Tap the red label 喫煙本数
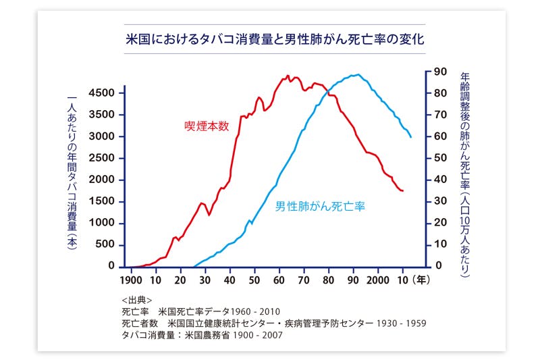coord(207,126)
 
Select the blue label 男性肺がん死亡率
coord(320,206)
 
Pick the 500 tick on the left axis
coord(106,245)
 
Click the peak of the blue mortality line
coord(357,75)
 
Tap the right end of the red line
coord(403,191)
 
